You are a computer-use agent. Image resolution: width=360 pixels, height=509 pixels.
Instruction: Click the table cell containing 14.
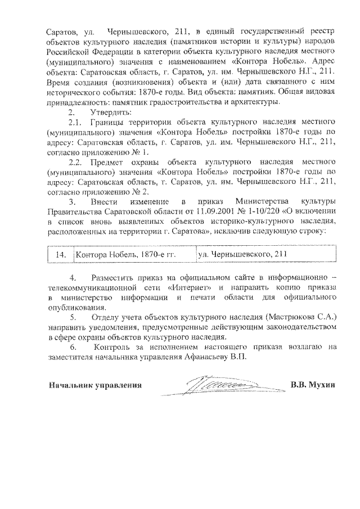point(60,255)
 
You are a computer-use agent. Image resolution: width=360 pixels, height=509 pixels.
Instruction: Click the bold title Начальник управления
point(94,385)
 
